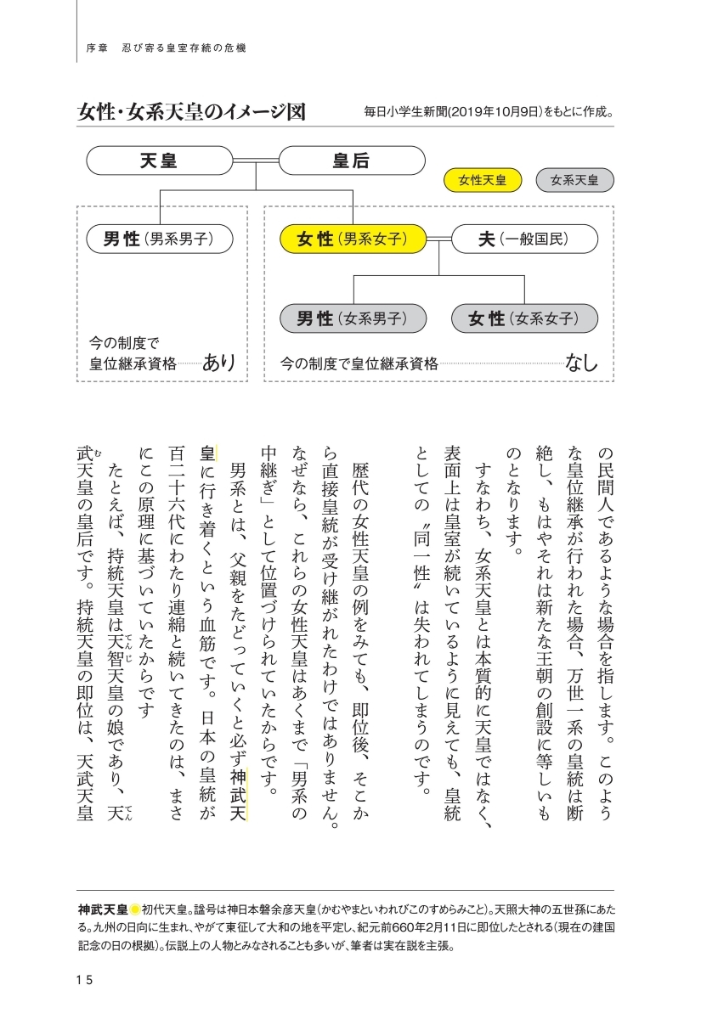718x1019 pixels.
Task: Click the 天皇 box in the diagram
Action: click(159, 160)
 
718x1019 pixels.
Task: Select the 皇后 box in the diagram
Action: click(351, 160)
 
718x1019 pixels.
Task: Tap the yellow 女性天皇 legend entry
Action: click(482, 180)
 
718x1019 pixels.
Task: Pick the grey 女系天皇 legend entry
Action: click(574, 180)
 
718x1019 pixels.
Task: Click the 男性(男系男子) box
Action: click(160, 239)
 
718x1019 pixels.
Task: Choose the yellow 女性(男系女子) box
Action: click(352, 239)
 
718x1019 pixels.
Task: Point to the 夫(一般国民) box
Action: click(523, 239)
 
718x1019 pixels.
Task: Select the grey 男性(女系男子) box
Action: click(353, 318)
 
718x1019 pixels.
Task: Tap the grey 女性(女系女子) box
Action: click(524, 318)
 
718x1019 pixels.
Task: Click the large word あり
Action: click(218, 363)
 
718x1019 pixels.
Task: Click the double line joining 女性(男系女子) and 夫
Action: click(438, 239)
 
